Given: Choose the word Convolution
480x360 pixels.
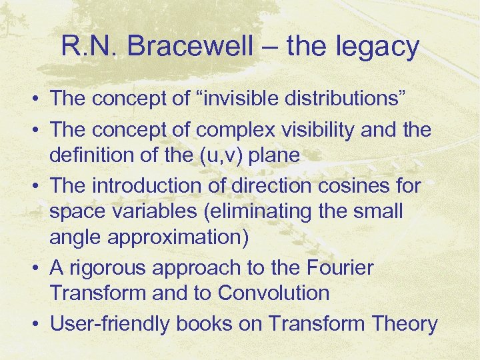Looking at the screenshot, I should pos(273,293).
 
